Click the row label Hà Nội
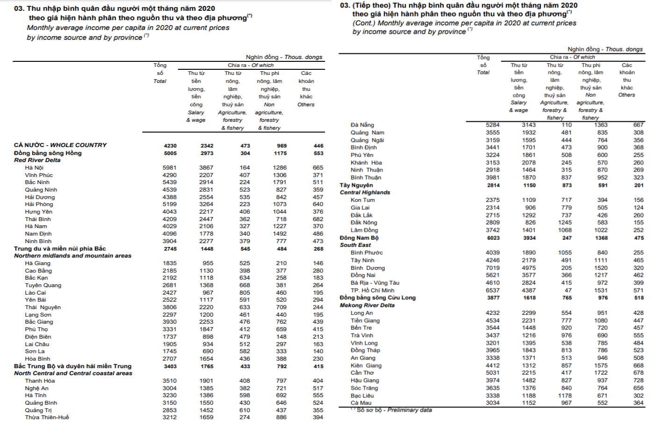pyautogui.click(x=34, y=168)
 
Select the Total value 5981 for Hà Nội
pyautogui.click(x=170, y=168)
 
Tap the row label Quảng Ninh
pyautogui.click(x=41, y=190)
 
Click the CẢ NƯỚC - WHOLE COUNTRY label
pyautogui.click(x=60, y=145)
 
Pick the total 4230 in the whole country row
pyautogui.click(x=170, y=146)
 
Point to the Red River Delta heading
pyautogui.click(x=37, y=160)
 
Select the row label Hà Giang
pyautogui.click(x=38, y=263)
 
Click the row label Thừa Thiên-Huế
pyautogui.click(x=47, y=417)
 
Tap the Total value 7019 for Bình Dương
pyautogui.click(x=492, y=268)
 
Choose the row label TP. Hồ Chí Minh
pyautogui.click(x=373, y=290)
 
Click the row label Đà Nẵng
pyautogui.click(x=362, y=125)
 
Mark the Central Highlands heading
pyautogui.click(x=365, y=192)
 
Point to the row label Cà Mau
pyautogui.click(x=361, y=403)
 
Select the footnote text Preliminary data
pyautogui.click(x=410, y=410)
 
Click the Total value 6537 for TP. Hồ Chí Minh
pyautogui.click(x=492, y=290)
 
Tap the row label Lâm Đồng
pyautogui.click(x=364, y=230)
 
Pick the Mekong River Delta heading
pyautogui.click(x=367, y=305)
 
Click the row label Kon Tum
pyautogui.click(x=363, y=200)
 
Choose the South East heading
pyautogui.click(x=355, y=245)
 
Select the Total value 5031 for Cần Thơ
pyautogui.click(x=492, y=373)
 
